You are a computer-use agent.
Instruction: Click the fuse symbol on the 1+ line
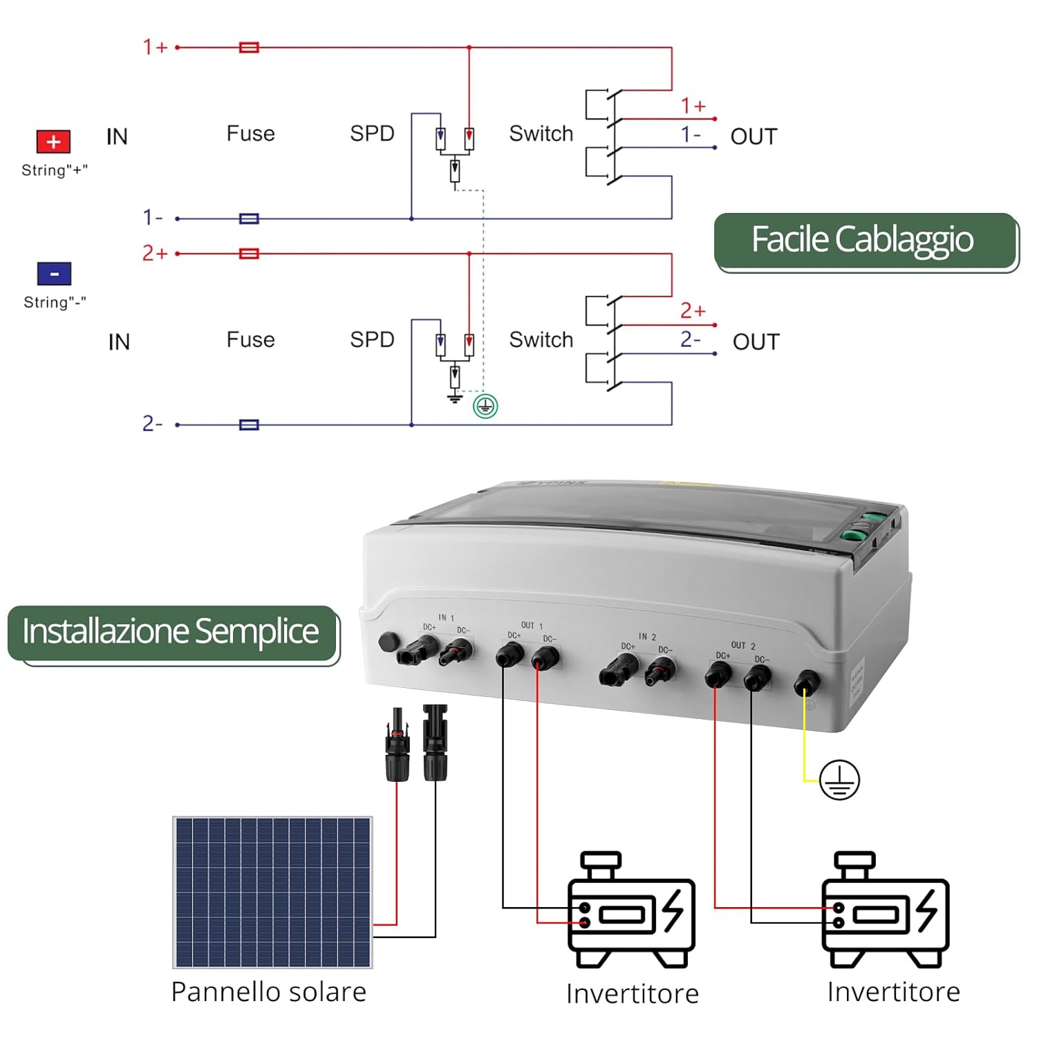[249, 48]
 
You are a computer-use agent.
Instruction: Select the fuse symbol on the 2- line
[249, 424]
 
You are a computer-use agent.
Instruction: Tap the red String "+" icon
[53, 142]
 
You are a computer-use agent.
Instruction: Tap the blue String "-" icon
[54, 274]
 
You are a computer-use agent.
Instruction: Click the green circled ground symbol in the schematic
[485, 407]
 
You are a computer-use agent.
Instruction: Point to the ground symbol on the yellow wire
[839, 780]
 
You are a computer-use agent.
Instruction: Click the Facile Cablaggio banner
[865, 241]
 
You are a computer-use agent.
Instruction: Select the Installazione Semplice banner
[171, 632]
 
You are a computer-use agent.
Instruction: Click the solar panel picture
[272, 892]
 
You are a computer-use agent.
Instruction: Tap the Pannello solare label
[268, 992]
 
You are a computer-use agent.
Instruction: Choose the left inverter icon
[630, 911]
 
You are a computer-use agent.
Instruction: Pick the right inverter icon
[885, 911]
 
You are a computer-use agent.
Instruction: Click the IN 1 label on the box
[446, 617]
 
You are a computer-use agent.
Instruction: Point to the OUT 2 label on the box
[743, 646]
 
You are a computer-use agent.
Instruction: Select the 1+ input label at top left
[156, 47]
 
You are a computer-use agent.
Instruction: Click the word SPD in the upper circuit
[372, 133]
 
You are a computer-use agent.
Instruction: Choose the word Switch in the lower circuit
[541, 340]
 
